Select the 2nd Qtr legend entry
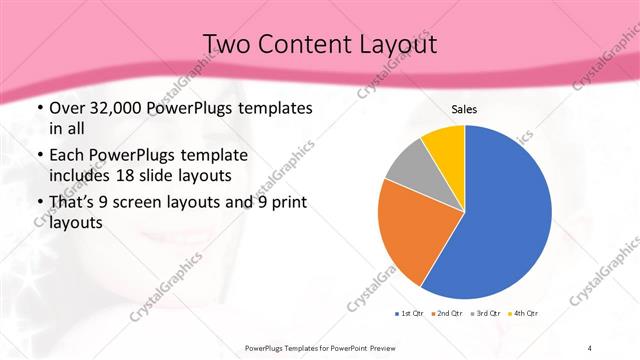tap(446, 314)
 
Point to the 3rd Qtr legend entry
tap(485, 314)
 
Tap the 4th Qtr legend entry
tap(523, 314)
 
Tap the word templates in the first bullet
tap(276, 108)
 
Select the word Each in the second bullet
tap(68, 156)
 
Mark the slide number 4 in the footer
tap(590, 347)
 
